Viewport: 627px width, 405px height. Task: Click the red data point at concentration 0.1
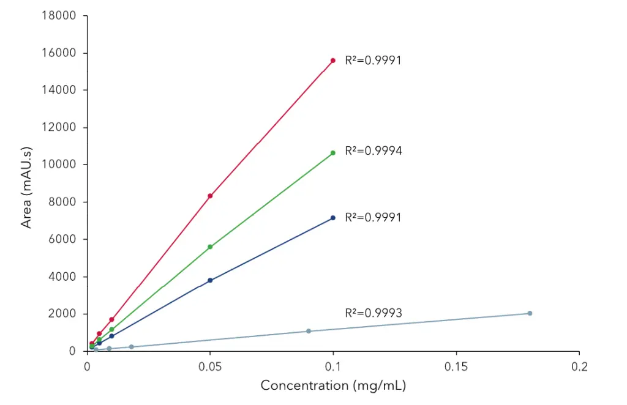click(x=332, y=61)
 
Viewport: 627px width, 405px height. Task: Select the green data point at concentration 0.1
click(x=332, y=153)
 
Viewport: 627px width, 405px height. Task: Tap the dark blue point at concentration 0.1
click(x=332, y=218)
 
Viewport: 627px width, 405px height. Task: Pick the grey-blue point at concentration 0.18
click(x=530, y=313)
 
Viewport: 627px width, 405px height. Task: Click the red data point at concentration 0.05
click(x=210, y=196)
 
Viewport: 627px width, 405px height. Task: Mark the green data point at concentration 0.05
click(x=210, y=247)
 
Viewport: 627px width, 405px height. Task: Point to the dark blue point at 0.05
click(x=210, y=280)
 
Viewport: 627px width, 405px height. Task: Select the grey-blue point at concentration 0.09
click(x=309, y=331)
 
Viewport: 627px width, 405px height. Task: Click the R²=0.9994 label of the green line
click(x=373, y=150)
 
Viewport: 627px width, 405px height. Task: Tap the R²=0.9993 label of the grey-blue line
click(x=373, y=313)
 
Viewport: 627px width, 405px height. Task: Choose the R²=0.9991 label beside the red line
click(x=373, y=60)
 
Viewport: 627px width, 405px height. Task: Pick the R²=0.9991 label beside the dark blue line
click(x=373, y=217)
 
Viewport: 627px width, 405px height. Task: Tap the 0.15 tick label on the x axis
click(x=456, y=367)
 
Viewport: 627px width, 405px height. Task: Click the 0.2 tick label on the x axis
click(x=579, y=367)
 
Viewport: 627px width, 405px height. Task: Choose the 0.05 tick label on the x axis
click(x=210, y=367)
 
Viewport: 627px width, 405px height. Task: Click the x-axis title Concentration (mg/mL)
click(x=333, y=386)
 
